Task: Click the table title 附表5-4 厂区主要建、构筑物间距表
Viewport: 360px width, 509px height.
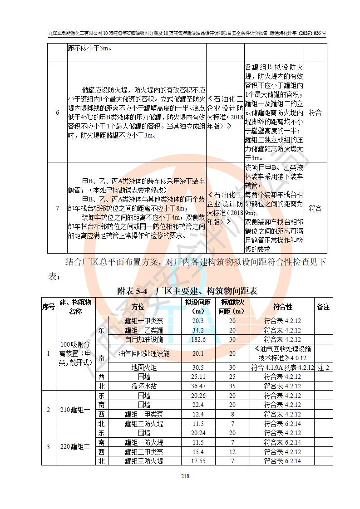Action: [x=187, y=291]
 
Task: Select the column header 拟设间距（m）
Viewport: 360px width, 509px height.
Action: [x=198, y=307]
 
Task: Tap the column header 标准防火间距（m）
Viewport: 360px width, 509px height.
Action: [x=232, y=307]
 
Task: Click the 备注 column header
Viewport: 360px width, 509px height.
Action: [x=323, y=307]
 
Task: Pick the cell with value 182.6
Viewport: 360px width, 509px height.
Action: [x=198, y=339]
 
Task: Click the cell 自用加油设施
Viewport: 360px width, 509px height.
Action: [x=144, y=339]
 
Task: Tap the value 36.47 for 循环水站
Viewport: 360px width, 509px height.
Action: [x=198, y=386]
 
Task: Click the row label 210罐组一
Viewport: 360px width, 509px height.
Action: [x=75, y=410]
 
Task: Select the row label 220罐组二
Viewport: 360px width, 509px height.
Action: [x=75, y=447]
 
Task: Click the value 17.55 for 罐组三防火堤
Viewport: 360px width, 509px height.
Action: [x=198, y=461]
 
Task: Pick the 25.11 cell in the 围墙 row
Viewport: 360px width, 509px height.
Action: [x=198, y=377]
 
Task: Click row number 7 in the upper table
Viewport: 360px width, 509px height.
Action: [x=57, y=208]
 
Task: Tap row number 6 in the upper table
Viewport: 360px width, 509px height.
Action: [x=57, y=113]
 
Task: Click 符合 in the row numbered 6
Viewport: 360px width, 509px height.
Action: [x=315, y=113]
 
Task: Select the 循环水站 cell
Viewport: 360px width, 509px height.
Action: [x=144, y=386]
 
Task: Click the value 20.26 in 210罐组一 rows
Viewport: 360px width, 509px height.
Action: [x=198, y=396]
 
